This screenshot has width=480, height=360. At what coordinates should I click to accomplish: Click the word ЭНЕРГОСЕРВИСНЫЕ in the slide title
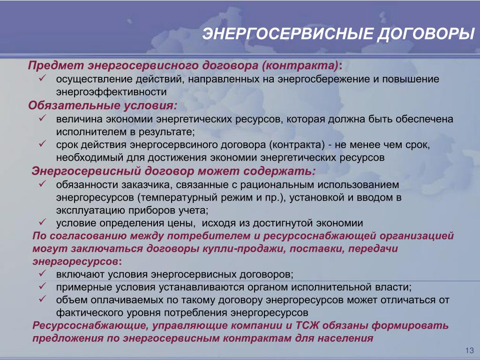point(287,33)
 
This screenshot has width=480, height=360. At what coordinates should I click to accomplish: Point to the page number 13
point(469,350)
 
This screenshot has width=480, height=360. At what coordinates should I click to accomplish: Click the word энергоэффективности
point(112,92)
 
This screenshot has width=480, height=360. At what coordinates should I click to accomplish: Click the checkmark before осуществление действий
point(42,78)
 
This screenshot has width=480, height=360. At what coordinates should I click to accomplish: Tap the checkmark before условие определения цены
point(42,222)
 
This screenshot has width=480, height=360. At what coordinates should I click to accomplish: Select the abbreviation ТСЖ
point(307,325)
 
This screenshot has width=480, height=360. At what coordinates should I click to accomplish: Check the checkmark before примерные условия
point(42,286)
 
